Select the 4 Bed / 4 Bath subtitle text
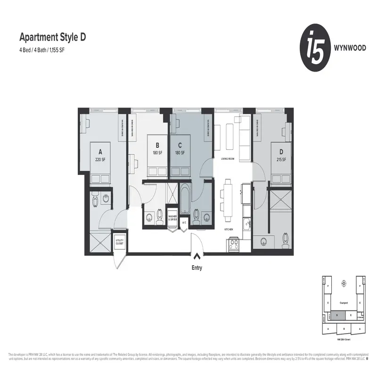[41, 49]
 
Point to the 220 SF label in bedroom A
[100, 160]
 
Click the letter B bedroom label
[157, 145]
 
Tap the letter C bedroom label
[180, 145]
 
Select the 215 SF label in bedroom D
[281, 160]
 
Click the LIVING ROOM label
[228, 159]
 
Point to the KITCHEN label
[229, 229]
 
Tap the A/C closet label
[184, 222]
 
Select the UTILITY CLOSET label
[120, 242]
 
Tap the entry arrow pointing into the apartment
[196, 257]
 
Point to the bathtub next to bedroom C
[184, 200]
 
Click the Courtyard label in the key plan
[344, 303]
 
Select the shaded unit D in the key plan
[336, 314]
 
